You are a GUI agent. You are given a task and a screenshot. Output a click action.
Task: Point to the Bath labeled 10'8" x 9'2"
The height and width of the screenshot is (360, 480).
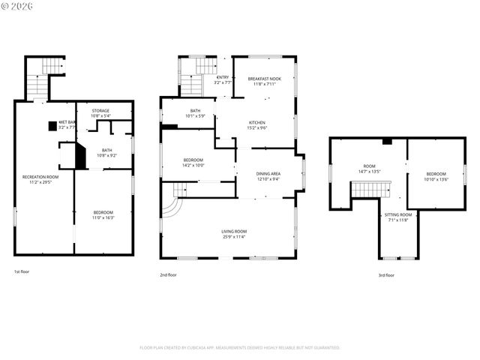106,152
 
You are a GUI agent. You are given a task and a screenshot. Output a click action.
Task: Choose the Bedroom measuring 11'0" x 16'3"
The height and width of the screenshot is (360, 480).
103,214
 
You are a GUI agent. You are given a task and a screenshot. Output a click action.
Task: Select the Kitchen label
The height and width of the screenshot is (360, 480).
257,124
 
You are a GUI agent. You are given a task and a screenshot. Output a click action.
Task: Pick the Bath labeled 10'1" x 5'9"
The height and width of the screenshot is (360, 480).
195,113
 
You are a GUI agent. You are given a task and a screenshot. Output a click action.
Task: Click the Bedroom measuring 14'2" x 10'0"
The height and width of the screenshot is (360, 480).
193,162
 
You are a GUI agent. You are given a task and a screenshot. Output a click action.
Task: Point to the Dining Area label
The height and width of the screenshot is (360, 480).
268,175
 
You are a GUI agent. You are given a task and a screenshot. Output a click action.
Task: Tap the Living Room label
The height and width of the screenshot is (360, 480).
234,234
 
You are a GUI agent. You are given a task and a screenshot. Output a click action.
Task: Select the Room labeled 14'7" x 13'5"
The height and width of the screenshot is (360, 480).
369,169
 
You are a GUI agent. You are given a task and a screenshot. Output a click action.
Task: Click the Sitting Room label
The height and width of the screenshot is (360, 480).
399,217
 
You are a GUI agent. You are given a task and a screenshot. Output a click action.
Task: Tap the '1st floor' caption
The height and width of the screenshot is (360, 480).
22,271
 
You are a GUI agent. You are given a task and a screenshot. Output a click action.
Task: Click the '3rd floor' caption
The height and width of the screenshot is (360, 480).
385,275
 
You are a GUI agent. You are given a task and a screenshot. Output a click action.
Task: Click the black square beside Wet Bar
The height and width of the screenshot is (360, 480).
52,125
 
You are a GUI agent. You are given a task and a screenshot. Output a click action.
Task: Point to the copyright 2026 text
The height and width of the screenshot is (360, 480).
16,7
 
